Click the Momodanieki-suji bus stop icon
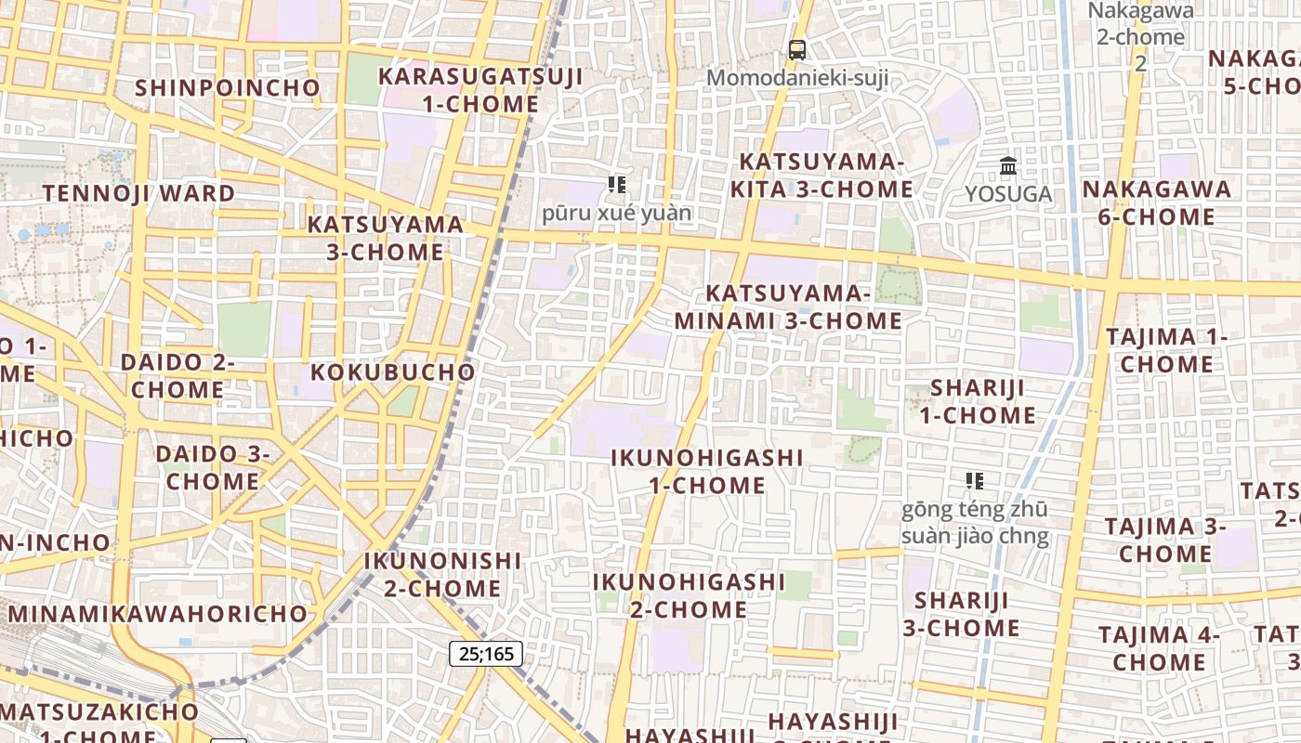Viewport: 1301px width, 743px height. pyautogui.click(x=796, y=50)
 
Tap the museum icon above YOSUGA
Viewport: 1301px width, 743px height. pyautogui.click(x=1008, y=166)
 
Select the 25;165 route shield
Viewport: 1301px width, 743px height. pyautogui.click(x=486, y=654)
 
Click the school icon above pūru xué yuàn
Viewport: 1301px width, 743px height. pyautogui.click(x=617, y=185)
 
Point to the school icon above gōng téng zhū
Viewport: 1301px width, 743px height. pyautogui.click(x=975, y=481)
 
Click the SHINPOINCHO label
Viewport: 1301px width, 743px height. pyautogui.click(x=228, y=88)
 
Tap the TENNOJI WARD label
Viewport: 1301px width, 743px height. pyautogui.click(x=139, y=194)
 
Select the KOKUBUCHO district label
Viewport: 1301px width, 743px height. pyautogui.click(x=392, y=372)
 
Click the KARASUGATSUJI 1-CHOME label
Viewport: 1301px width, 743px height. pyautogui.click(x=480, y=90)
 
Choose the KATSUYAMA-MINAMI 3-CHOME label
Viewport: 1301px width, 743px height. pyautogui.click(x=788, y=307)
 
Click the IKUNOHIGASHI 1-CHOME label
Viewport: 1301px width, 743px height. pyautogui.click(x=707, y=471)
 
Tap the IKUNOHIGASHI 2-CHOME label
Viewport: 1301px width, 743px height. pyautogui.click(x=689, y=595)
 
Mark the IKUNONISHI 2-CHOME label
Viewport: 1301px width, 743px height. pyautogui.click(x=442, y=575)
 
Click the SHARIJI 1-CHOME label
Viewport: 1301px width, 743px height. pyautogui.click(x=978, y=401)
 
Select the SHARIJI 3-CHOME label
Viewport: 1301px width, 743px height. pyautogui.click(x=962, y=614)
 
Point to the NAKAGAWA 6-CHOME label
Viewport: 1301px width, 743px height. pyautogui.click(x=1156, y=202)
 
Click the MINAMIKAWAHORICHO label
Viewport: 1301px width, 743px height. pyautogui.click(x=158, y=614)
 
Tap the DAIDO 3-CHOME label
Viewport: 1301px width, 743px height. pyautogui.click(x=213, y=468)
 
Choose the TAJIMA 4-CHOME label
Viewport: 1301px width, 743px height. pyautogui.click(x=1159, y=648)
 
